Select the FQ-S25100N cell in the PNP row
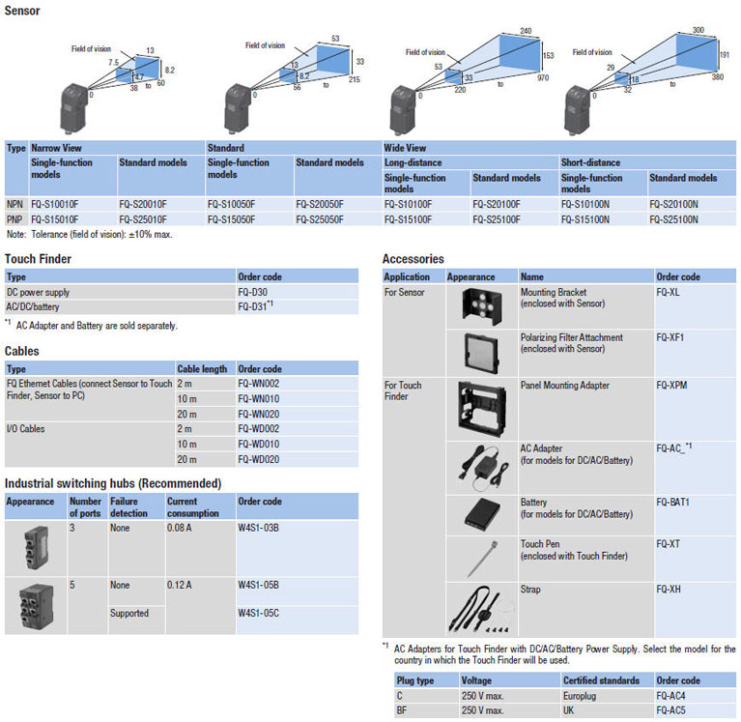674,219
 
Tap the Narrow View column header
56,149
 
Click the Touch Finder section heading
38,259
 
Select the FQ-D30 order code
253,292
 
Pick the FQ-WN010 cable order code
258,397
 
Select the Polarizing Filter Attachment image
478,353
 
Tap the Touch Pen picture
478,559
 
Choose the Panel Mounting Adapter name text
565,386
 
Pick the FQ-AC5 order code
673,710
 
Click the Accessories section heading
413,259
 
